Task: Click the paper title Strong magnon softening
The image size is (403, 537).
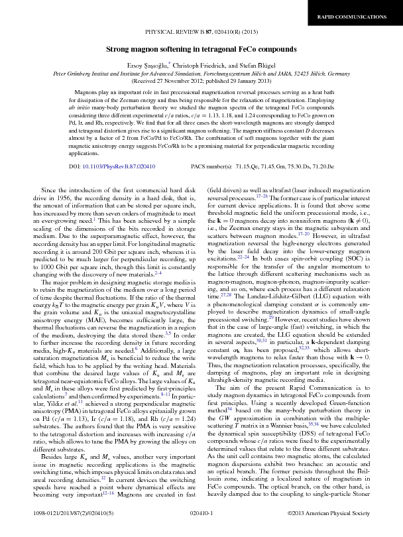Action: [x=201, y=50]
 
